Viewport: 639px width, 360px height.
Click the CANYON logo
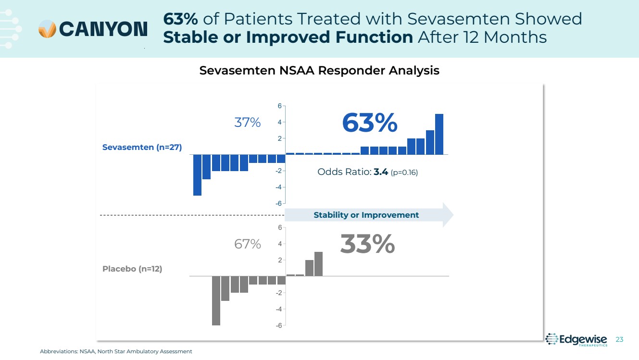pos(93,29)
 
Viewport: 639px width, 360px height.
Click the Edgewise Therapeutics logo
pos(577,339)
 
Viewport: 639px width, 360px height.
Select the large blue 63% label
pos(369,124)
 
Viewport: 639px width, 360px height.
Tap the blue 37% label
pos(247,123)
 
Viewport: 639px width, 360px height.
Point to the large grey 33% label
pos(367,245)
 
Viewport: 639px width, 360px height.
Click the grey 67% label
pos(247,244)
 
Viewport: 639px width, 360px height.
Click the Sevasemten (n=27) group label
pos(142,148)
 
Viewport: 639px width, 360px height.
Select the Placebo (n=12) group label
pos(132,269)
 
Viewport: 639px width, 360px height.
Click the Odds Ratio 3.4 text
pos(367,172)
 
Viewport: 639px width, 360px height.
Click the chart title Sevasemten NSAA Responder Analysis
pos(319,71)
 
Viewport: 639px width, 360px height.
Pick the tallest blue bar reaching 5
pos(439,134)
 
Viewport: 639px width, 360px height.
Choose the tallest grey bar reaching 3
pos(318,264)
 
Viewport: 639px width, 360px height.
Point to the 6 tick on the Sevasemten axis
pos(279,106)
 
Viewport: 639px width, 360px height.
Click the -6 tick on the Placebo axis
pos(278,325)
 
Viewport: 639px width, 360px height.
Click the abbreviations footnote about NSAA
pos(116,351)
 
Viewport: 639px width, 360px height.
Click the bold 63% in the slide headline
pos(180,19)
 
